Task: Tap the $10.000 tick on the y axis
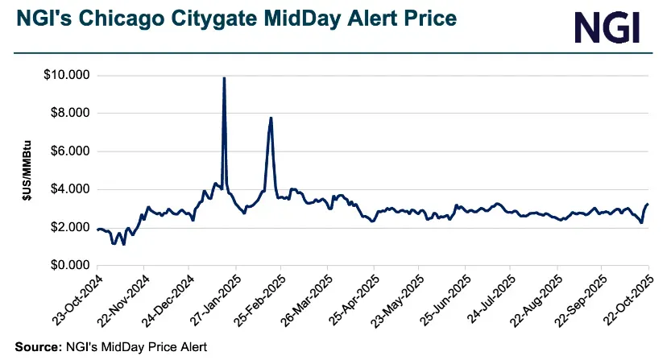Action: click(68, 76)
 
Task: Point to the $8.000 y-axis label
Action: click(70, 114)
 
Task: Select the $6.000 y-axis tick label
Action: click(70, 151)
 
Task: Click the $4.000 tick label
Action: click(70, 189)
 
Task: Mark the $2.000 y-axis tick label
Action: click(70, 227)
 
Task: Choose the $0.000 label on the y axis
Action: click(70, 265)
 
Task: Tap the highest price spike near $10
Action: click(224, 78)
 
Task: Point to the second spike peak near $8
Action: click(271, 118)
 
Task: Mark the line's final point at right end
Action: click(648, 205)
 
